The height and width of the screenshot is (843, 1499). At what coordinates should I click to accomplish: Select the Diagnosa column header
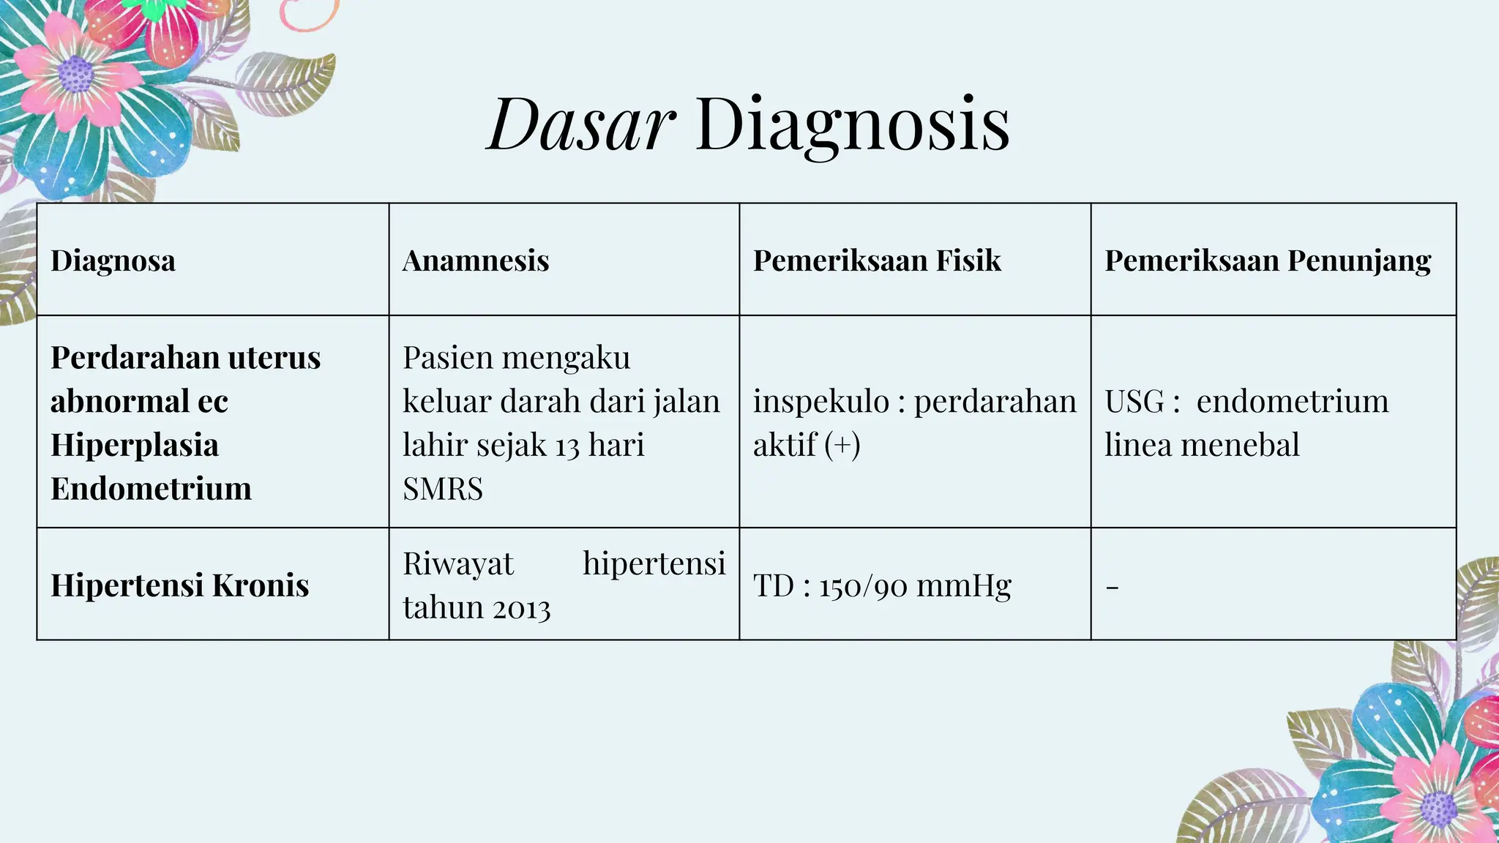pyautogui.click(x=113, y=261)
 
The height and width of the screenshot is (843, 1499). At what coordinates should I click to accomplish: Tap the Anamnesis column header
pyautogui.click(x=475, y=261)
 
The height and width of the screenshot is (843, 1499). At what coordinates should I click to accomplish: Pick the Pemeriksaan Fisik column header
pyautogui.click(x=877, y=261)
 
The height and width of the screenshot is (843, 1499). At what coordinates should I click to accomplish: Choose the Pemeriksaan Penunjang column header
pyautogui.click(x=1268, y=261)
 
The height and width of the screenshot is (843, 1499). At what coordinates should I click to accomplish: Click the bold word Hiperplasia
pyautogui.click(x=135, y=445)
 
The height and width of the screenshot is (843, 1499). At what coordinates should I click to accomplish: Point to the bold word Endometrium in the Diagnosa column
pyautogui.click(x=151, y=489)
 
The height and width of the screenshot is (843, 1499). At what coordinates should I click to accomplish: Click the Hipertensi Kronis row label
pyautogui.click(x=179, y=585)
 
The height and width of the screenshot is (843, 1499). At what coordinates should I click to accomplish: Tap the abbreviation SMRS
pyautogui.click(x=443, y=489)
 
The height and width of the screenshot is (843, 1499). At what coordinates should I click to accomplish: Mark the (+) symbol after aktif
pyautogui.click(x=842, y=445)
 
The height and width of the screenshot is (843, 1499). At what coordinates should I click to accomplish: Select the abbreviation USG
pyautogui.click(x=1134, y=402)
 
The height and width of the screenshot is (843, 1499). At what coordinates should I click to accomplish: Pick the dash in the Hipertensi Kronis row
pyautogui.click(x=1112, y=587)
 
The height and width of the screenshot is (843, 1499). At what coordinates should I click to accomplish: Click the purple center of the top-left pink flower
pyautogui.click(x=75, y=74)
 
